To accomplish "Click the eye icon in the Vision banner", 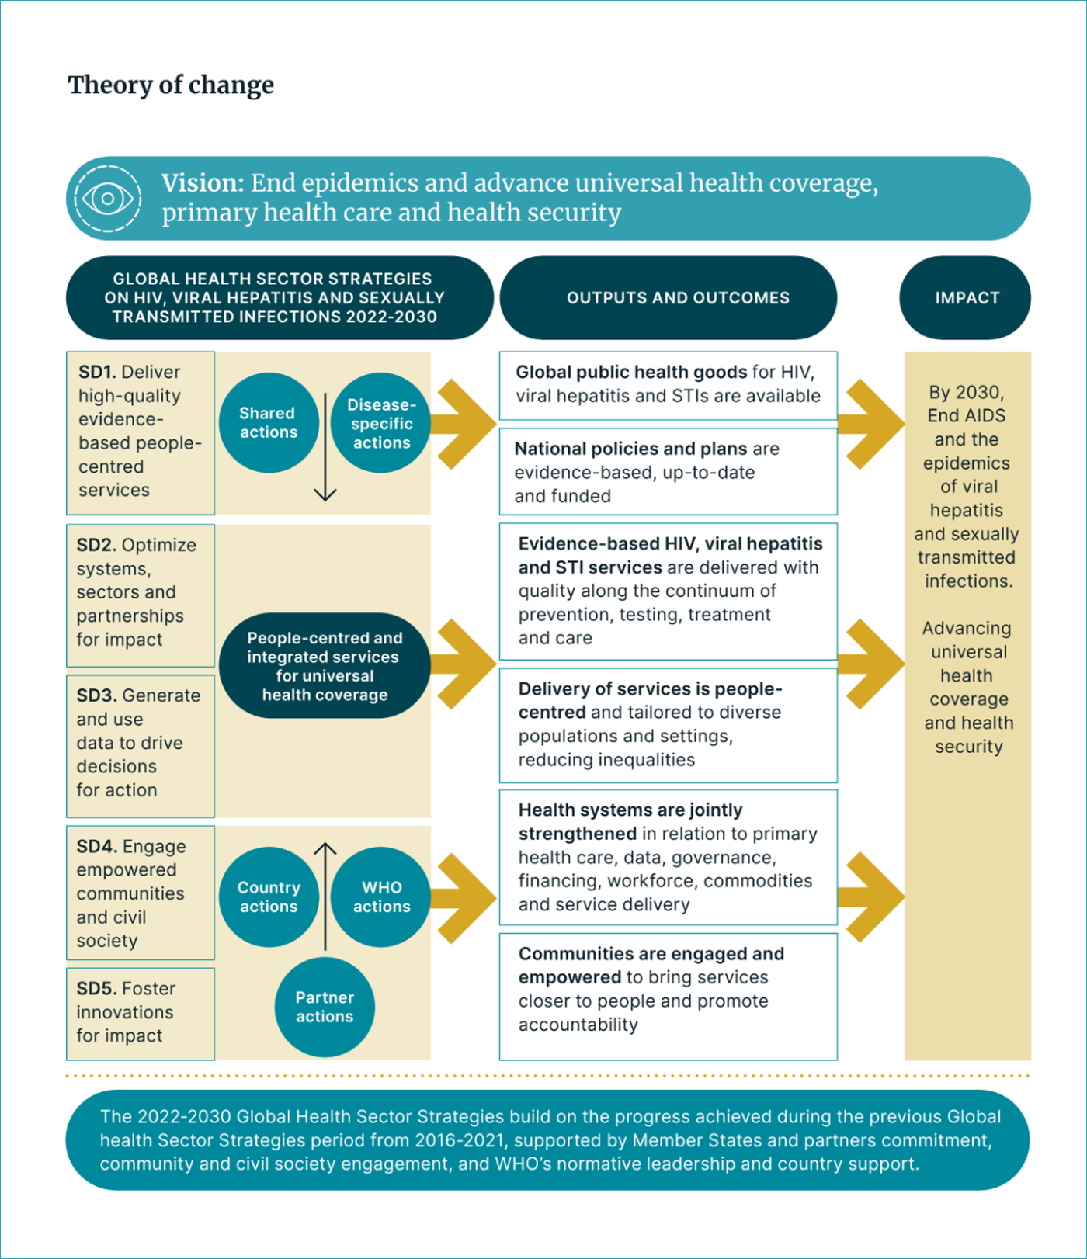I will pos(107,199).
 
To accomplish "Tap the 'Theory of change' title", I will pos(171,85).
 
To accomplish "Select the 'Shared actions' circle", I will pos(268,423).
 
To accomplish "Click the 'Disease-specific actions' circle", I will pos(381,423).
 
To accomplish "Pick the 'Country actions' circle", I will pos(269,897).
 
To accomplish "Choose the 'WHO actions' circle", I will pos(381,897).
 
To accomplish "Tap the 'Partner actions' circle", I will pos(325,1007).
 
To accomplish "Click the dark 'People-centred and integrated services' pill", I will pos(325,666).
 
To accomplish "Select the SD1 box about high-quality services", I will pos(141,432).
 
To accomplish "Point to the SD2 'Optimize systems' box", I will pos(141,595).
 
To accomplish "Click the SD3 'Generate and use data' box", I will pos(141,744).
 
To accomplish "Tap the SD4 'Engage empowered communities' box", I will pos(141,893).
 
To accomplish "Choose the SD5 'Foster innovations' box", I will pos(141,1013).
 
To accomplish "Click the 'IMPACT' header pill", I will pos(966,298).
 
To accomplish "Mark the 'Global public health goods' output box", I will pos(668,385).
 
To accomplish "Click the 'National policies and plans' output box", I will pos(668,472).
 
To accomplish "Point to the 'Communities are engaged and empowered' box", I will pos(668,996).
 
